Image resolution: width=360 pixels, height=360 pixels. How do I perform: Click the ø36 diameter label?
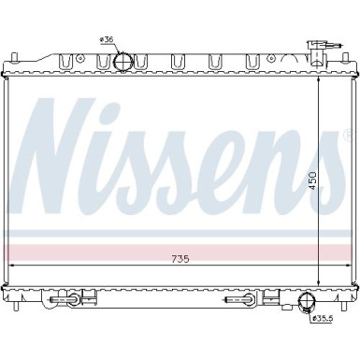point(106,40)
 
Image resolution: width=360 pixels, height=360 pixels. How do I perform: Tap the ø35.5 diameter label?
point(323,318)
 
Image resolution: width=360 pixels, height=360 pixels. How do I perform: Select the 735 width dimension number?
point(180,259)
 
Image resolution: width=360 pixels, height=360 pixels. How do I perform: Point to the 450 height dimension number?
point(312,181)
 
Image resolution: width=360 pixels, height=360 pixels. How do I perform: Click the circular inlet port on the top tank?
point(122,62)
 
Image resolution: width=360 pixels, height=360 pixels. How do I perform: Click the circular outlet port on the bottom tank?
point(307,301)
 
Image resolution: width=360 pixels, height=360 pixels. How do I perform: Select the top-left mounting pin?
point(14,58)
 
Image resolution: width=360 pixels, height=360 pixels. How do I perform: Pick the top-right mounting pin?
point(345,58)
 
